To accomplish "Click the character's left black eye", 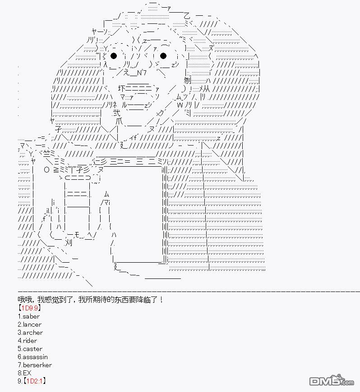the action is (114, 56).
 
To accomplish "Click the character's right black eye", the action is (163, 56).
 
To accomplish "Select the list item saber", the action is (29, 316).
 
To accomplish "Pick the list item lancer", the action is (29, 324).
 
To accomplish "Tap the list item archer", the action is (30, 333).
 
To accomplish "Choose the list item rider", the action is (27, 341).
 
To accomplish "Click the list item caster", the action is (30, 349).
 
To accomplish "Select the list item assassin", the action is (32, 357).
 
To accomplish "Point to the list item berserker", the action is (35, 365).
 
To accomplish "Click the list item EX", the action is (24, 373).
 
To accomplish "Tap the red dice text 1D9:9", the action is (30, 308).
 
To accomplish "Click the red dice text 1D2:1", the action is (35, 381).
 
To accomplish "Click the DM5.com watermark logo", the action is (332, 381).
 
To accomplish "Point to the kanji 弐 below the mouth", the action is (116, 113).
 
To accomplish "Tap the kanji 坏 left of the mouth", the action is (121, 88).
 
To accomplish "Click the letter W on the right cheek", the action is (180, 105).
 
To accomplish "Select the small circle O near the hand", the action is (46, 170).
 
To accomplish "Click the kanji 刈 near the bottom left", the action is (68, 242).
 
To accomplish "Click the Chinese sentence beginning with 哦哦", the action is (90, 300).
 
